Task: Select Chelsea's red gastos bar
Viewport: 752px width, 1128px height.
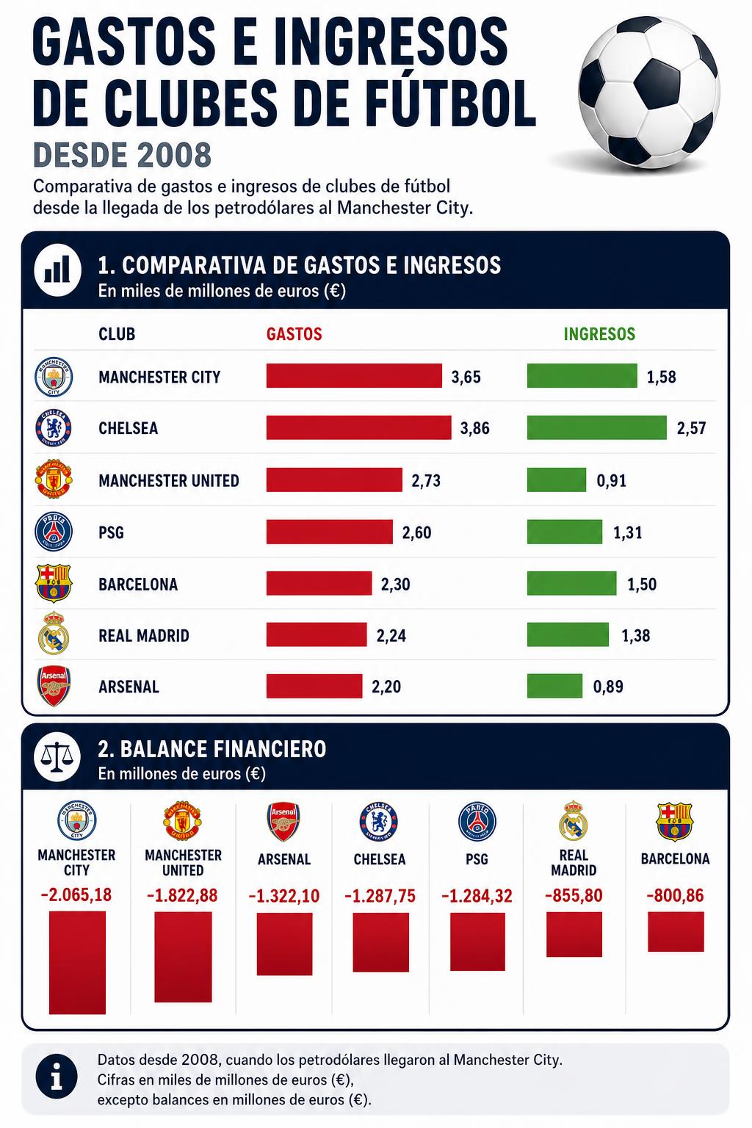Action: (358, 427)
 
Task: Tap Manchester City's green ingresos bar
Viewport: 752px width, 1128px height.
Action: (582, 376)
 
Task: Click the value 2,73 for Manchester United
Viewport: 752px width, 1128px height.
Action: (426, 480)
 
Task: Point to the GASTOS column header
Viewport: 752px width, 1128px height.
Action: (294, 334)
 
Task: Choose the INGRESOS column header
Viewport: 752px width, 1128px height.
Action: (599, 334)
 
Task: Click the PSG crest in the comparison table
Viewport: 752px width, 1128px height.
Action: (54, 532)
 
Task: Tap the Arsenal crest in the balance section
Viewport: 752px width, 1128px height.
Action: (283, 822)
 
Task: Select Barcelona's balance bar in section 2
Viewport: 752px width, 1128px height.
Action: (676, 932)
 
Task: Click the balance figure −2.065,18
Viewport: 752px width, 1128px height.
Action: (76, 895)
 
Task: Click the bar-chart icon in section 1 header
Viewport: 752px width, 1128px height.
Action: (57, 270)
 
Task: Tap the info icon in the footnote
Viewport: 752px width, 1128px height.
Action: (57, 1079)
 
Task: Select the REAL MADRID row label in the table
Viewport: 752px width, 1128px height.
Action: (143, 635)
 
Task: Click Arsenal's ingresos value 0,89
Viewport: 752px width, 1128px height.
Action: (608, 687)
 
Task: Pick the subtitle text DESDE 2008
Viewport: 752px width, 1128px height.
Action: (123, 155)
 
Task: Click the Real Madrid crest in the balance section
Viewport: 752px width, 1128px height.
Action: (574, 821)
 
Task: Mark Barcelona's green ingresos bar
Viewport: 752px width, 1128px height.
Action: (571, 583)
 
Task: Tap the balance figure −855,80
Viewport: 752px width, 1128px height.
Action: (574, 895)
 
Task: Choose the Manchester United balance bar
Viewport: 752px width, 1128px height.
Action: (183, 957)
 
